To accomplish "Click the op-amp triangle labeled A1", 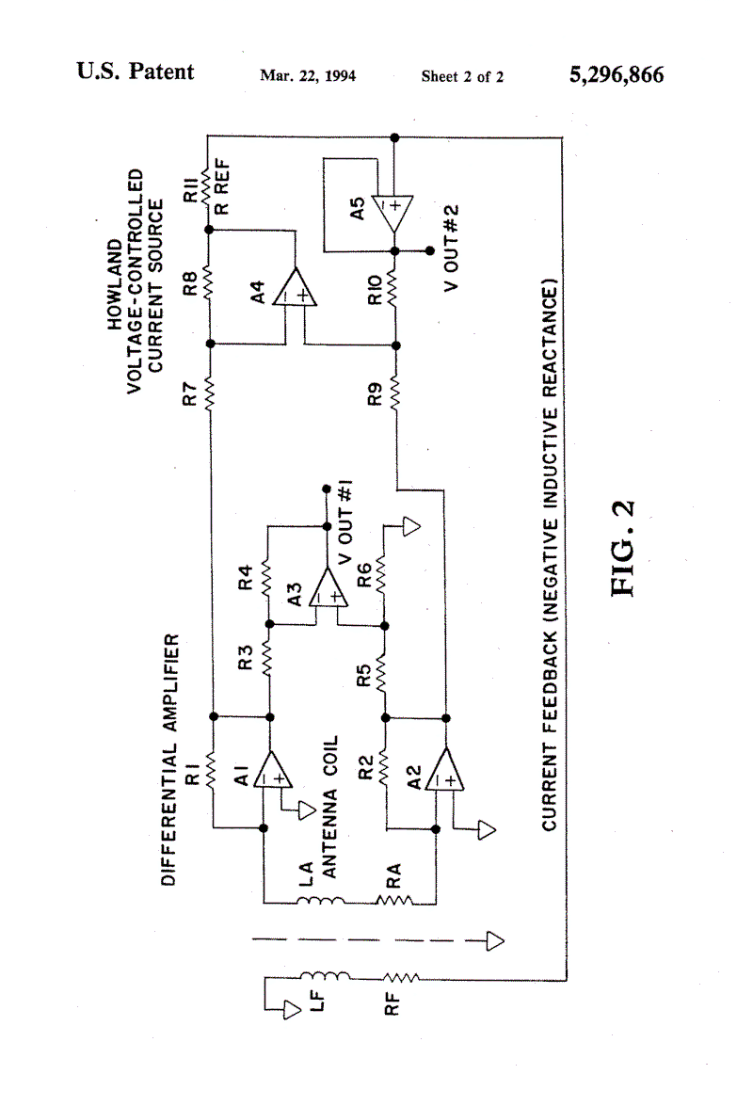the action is [x=272, y=770].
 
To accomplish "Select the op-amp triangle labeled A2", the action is [x=445, y=770].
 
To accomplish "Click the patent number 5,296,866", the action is [x=617, y=74].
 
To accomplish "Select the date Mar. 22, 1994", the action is [x=308, y=75].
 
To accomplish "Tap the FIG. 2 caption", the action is [x=623, y=548].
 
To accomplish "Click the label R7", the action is [x=189, y=393].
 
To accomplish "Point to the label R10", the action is [x=376, y=290].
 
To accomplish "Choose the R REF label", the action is [x=221, y=187].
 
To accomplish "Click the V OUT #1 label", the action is [x=345, y=522].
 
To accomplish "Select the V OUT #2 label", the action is [x=451, y=248].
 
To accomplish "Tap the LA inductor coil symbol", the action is [x=321, y=900].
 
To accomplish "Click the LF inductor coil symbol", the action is [x=325, y=975].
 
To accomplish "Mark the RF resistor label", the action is [x=392, y=1003].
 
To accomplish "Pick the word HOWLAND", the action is [x=115, y=284].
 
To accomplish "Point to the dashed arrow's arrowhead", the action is [x=496, y=941].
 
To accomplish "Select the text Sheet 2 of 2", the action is [x=462, y=76].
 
